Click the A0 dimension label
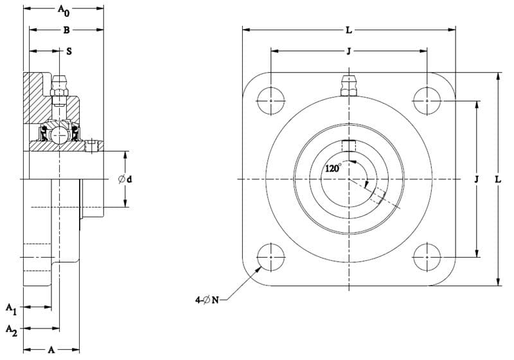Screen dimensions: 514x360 click(64, 10)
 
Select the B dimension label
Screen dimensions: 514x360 click(67, 30)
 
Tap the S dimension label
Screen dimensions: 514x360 click(69, 51)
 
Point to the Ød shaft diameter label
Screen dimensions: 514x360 click(125, 179)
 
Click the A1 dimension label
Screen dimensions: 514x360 click(11, 309)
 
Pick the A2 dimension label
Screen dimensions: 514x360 click(11, 330)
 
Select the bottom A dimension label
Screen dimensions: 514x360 click(51, 350)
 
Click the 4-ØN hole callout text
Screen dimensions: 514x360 click(207, 300)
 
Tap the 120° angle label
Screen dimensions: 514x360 click(333, 168)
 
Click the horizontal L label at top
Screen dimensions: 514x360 click(349, 30)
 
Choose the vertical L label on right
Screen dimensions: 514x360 click(499, 179)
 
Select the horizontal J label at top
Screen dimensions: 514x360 click(349, 51)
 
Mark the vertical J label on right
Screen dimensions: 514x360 click(477, 179)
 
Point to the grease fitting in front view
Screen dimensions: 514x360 click(349, 85)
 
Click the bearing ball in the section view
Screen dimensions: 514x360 click(59, 134)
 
